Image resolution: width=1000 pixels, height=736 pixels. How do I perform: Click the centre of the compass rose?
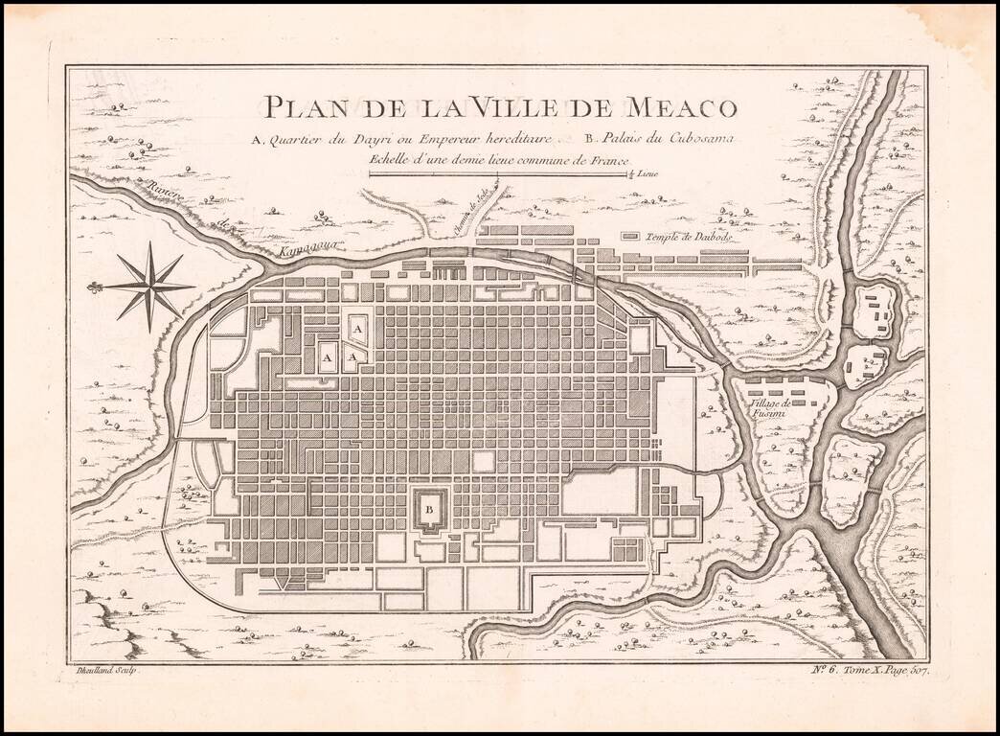[151, 284]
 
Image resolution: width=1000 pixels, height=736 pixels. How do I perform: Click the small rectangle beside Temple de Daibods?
[630, 236]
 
